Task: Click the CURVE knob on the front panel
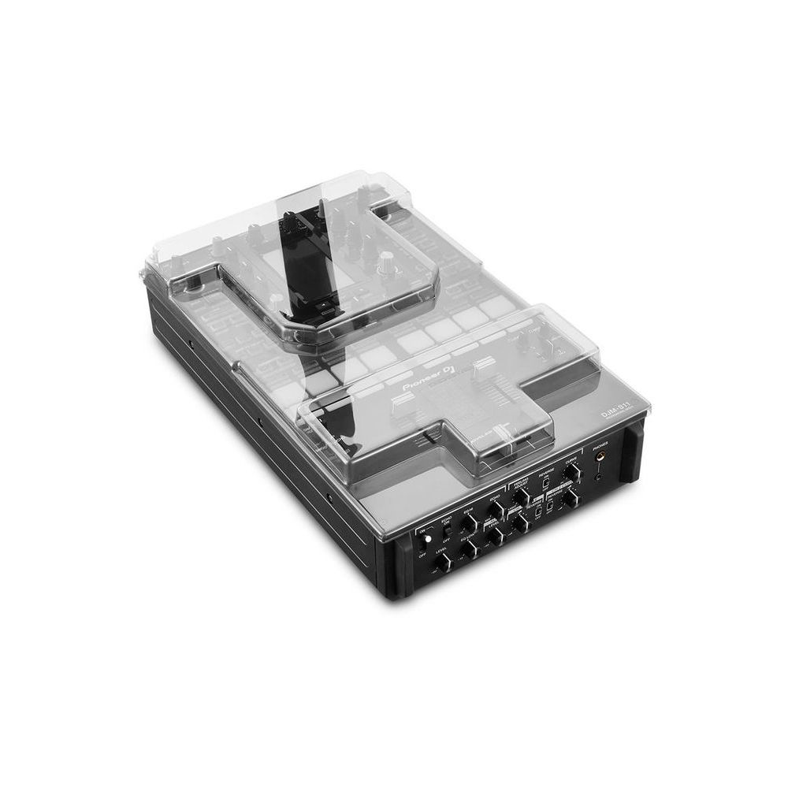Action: coord(574,471)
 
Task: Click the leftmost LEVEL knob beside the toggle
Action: coord(444,562)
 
